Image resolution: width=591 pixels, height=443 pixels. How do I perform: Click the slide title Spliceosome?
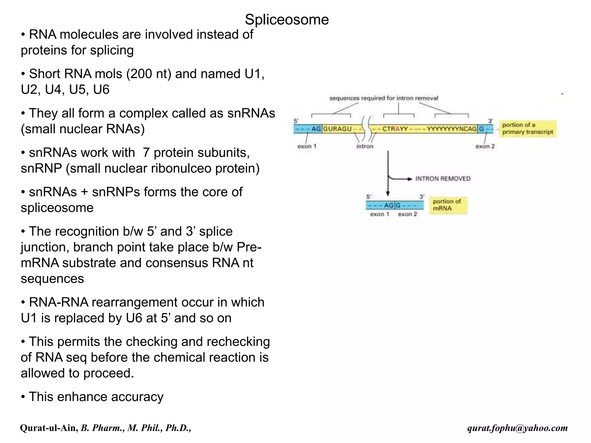pos(287,20)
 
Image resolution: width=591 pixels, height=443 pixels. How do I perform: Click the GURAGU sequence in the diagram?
pos(337,129)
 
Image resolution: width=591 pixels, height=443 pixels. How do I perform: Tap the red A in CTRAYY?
pos(398,129)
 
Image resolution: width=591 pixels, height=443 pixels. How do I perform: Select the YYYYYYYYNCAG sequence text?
pos(452,129)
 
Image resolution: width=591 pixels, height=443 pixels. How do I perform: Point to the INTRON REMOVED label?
pos(443,179)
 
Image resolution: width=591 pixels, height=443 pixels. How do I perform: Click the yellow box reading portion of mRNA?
pos(448,205)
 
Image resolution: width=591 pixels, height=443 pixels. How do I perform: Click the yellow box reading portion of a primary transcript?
pos(527,129)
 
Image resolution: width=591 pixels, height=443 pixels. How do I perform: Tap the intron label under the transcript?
pos(365,147)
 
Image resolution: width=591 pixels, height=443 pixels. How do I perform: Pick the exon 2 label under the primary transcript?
pos(485,147)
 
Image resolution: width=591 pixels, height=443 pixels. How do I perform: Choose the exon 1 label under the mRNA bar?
pos(379,214)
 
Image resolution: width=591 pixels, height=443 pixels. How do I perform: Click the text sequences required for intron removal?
pos(384,98)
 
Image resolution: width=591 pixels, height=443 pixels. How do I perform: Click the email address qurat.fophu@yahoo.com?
pos(517,428)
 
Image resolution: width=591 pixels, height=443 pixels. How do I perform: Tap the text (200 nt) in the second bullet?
pos(149,74)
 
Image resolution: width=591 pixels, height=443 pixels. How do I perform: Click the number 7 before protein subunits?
pos(146,153)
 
